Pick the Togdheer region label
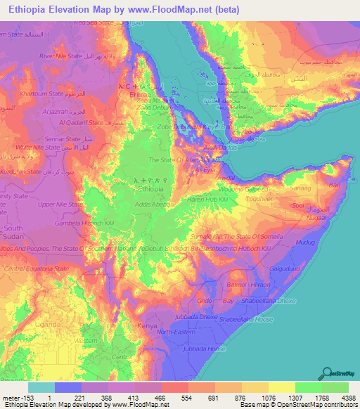[x=257, y=198]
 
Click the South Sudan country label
[x=13, y=233]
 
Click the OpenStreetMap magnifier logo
[x=328, y=372]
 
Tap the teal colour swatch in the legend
[x=41, y=387]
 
